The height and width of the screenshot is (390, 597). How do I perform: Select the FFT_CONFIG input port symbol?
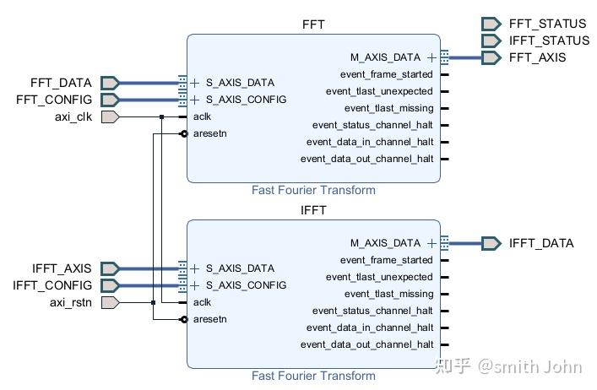click(x=110, y=100)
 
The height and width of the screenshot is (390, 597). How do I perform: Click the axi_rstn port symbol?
click(x=110, y=302)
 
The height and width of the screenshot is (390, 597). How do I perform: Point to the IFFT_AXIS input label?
click(x=62, y=268)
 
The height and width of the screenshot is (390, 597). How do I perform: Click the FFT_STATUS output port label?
click(x=547, y=24)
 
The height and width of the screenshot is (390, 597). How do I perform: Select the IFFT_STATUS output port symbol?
click(x=491, y=41)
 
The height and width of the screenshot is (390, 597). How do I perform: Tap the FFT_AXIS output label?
click(x=537, y=57)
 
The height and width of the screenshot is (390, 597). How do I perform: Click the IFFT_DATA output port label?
click(x=540, y=243)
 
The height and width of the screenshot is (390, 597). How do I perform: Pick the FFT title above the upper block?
click(x=313, y=24)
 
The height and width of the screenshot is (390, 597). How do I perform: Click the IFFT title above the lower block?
click(x=313, y=210)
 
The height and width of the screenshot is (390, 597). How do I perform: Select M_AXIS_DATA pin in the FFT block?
click(x=384, y=57)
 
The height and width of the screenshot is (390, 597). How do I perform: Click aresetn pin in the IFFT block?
click(x=209, y=319)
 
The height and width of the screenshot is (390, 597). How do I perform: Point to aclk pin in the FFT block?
click(x=202, y=116)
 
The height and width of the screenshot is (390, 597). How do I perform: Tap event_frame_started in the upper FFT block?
click(x=380, y=74)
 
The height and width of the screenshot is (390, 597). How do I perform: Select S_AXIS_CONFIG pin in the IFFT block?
click(x=246, y=285)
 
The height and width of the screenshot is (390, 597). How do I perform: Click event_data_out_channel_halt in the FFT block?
click(x=366, y=159)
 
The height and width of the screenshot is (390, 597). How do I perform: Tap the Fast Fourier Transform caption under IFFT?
click(x=313, y=376)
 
